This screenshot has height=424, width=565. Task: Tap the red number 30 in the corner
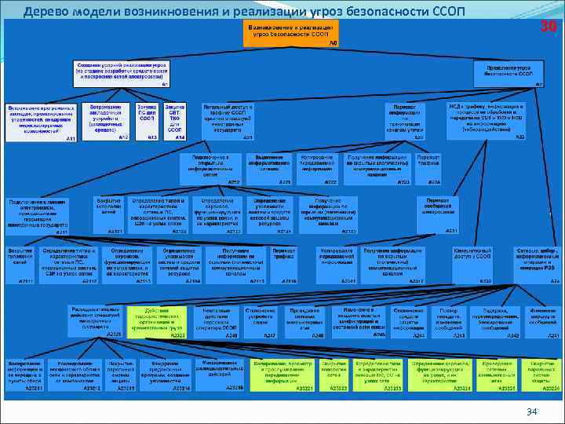(549, 27)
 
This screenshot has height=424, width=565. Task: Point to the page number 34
(531, 411)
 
